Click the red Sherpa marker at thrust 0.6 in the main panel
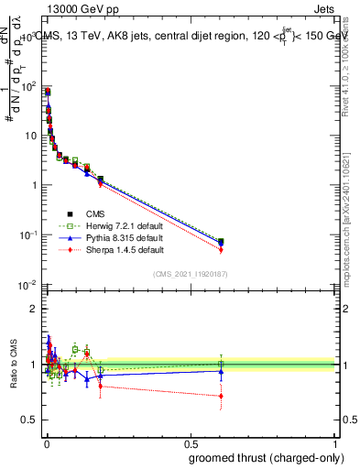(221, 250)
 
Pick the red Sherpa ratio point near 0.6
(221, 397)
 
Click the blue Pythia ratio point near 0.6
(221, 372)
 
